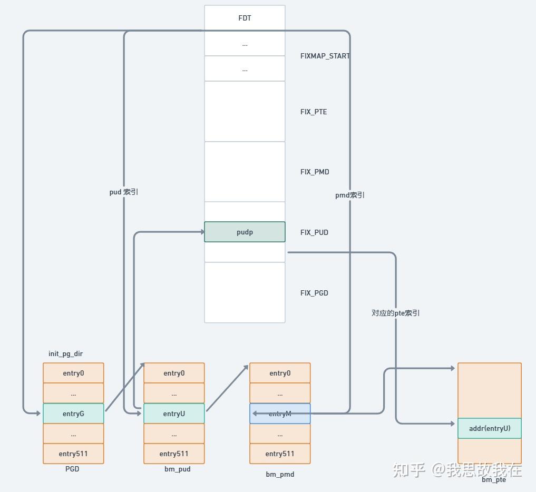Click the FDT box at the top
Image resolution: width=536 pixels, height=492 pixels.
pos(245,18)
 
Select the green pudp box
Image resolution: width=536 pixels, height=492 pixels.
pos(245,232)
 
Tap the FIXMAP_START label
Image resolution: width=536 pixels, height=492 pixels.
pos(325,56)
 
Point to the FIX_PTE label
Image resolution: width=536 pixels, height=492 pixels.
pos(314,112)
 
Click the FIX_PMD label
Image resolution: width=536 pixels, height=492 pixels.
pos(315,172)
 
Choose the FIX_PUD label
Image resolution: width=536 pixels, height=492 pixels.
pos(314,232)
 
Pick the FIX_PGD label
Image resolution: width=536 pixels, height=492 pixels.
pos(314,293)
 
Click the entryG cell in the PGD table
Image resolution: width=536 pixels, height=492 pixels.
pos(73,414)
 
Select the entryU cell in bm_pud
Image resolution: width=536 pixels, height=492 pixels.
pos(174,414)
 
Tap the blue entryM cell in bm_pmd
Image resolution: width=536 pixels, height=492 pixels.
pos(280,414)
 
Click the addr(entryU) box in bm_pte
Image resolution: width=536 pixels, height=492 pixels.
pos(490,428)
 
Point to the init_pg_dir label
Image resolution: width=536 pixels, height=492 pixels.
pos(65,353)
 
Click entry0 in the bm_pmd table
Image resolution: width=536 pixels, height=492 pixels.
pos(280,373)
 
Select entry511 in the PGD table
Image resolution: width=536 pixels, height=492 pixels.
pos(73,454)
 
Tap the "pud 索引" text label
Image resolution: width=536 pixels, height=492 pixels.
pos(124,192)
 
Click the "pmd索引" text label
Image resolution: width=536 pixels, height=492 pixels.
pos(350,195)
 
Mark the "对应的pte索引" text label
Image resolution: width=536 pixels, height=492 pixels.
pos(395,313)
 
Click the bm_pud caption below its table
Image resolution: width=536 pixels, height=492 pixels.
pos(177,469)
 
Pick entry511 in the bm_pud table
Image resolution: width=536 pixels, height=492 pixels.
pos(174,454)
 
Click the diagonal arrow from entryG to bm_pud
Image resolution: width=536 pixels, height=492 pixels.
pos(125,387)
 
